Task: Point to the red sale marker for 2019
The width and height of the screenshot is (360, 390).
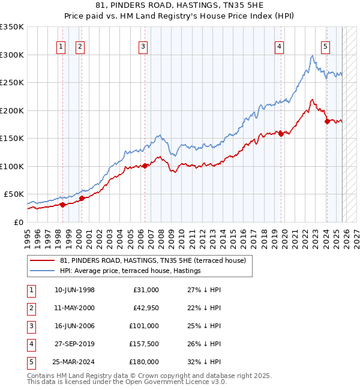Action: click(x=281, y=134)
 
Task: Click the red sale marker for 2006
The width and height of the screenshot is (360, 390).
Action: click(x=145, y=166)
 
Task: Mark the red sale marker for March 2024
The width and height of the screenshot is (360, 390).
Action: click(x=327, y=121)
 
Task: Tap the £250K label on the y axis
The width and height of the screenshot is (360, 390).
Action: click(x=12, y=83)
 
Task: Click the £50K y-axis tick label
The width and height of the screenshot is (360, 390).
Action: click(x=14, y=194)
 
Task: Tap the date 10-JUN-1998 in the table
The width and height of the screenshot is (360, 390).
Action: click(x=74, y=290)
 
